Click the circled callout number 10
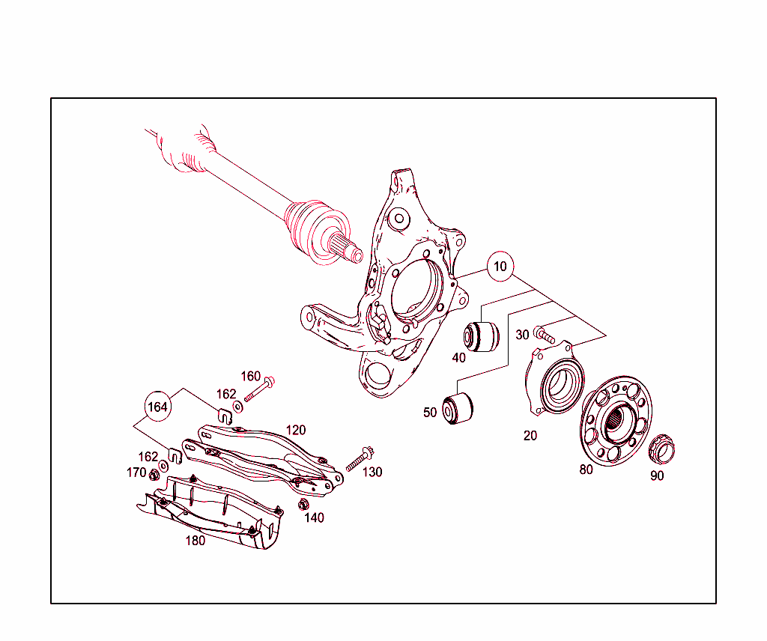coord(500,266)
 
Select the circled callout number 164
coord(157,407)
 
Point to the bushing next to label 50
coord(457,409)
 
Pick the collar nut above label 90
coord(661,448)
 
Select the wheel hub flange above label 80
coord(616,420)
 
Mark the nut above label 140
coord(304,504)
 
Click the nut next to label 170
coord(154,473)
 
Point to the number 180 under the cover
coord(195,541)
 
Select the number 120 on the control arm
coord(296,430)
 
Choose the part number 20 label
coord(530,435)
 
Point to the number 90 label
coord(657,476)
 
